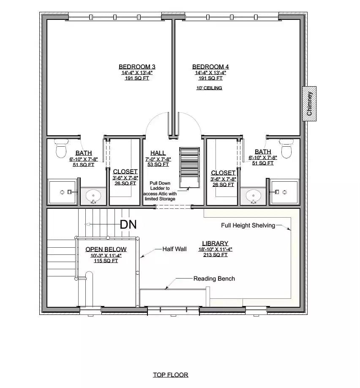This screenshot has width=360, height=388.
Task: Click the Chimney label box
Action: pyautogui.click(x=309, y=104)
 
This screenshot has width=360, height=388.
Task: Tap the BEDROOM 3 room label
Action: pyautogui.click(x=137, y=67)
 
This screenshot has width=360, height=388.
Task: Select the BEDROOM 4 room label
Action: pyautogui.click(x=210, y=67)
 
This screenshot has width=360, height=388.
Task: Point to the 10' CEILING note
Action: pyautogui.click(x=209, y=88)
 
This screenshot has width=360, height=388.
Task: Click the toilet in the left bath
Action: pyautogui.click(x=62, y=149)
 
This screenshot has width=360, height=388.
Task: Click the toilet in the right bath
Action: pyautogui.click(x=287, y=149)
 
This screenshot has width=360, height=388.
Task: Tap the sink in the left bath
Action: pyautogui.click(x=93, y=196)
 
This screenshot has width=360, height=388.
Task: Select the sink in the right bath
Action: pyautogui.click(x=254, y=196)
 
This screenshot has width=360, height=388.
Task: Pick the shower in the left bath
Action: pyautogui.click(x=63, y=192)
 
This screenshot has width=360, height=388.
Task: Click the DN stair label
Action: pyautogui.click(x=128, y=224)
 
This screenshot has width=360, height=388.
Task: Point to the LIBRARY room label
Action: pyautogui.click(x=215, y=243)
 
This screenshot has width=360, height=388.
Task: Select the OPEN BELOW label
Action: pyautogui.click(x=106, y=249)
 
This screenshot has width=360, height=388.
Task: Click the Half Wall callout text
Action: pyautogui.click(x=175, y=249)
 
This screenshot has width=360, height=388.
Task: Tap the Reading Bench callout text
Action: pyautogui.click(x=214, y=279)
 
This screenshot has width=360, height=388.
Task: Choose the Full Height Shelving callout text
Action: pyautogui.click(x=248, y=225)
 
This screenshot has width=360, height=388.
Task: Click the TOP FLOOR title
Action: pyautogui.click(x=170, y=374)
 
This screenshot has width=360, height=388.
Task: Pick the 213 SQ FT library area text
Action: pyautogui.click(x=215, y=255)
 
